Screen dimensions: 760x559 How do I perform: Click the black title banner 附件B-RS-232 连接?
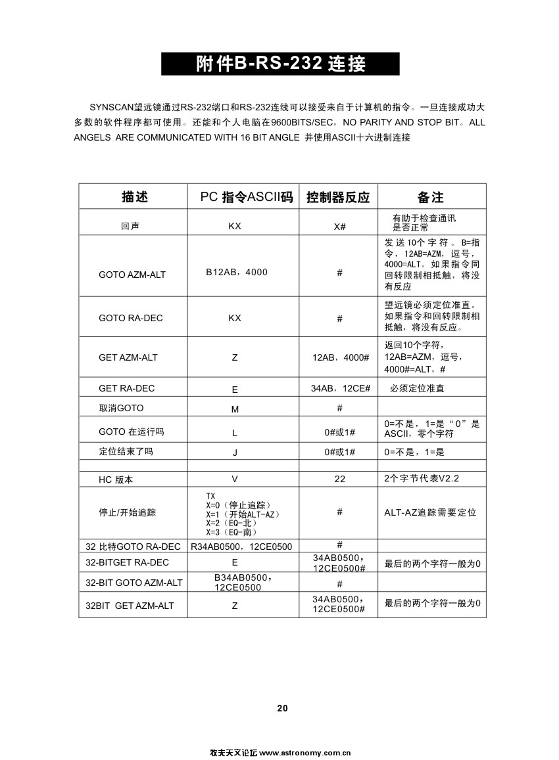click(x=280, y=64)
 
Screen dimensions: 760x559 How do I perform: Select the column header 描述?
click(x=134, y=197)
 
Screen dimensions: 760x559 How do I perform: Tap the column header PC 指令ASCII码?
click(x=243, y=197)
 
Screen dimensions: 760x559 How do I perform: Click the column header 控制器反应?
click(x=338, y=197)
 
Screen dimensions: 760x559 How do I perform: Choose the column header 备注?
click(x=431, y=197)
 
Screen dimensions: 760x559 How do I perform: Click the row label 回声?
click(x=130, y=226)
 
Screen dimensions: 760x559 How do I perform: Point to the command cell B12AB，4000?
click(x=237, y=272)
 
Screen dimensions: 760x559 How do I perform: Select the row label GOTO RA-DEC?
click(x=130, y=318)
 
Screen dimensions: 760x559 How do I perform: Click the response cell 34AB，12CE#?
click(x=340, y=388)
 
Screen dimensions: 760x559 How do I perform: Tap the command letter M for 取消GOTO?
click(x=235, y=409)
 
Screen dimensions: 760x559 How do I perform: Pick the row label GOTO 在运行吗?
click(x=131, y=432)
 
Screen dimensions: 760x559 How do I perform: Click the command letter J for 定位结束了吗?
click(x=235, y=453)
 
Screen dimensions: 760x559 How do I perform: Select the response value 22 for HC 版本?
click(x=339, y=479)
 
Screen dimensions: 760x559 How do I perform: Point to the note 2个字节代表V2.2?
click(x=422, y=478)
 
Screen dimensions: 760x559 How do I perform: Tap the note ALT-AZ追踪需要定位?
click(x=430, y=512)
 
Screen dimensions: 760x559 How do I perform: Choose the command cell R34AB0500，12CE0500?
click(x=241, y=547)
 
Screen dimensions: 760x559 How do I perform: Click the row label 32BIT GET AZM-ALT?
click(x=130, y=605)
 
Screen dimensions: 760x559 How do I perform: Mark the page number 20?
click(x=282, y=708)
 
